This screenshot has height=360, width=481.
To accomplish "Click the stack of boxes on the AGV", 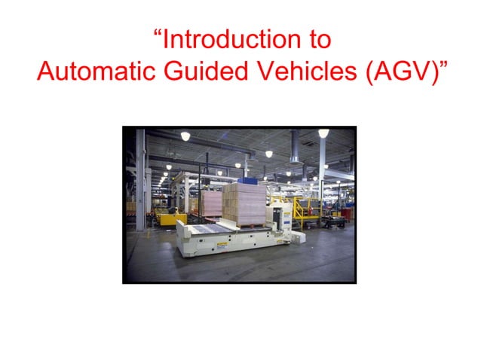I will coord(244,205).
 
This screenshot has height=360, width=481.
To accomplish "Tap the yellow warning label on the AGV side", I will coord(222,245).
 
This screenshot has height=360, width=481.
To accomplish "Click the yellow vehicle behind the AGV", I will coord(171,218).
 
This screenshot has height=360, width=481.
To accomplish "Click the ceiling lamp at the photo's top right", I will coord(323,133).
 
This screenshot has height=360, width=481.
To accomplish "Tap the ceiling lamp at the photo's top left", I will coord(185,136).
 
